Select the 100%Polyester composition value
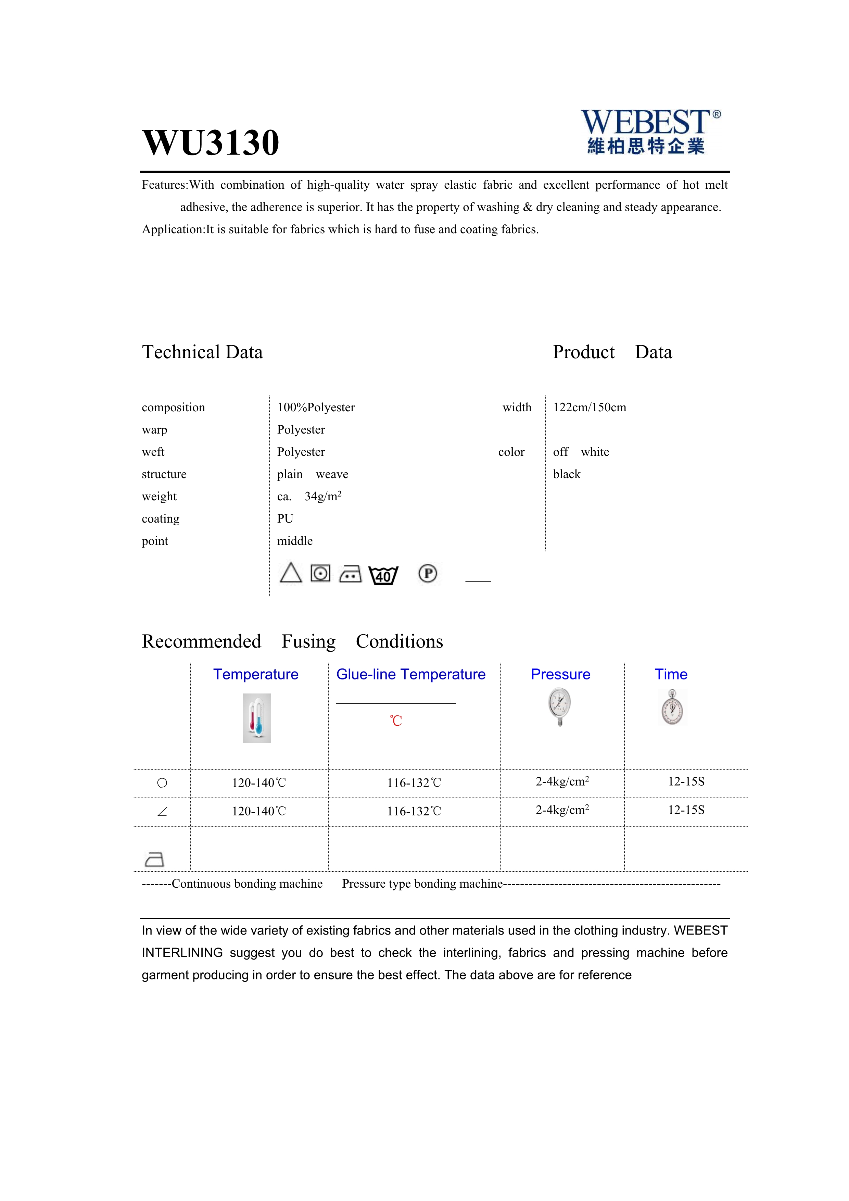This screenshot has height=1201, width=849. pyautogui.click(x=316, y=408)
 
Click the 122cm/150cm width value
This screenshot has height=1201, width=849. pyautogui.click(x=589, y=408)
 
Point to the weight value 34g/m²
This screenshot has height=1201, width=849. pyautogui.click(x=322, y=497)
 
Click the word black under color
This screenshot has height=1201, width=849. pyautogui.click(x=567, y=474)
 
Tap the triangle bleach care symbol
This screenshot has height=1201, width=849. pyautogui.click(x=291, y=573)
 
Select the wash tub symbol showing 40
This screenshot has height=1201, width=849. pyautogui.click(x=383, y=575)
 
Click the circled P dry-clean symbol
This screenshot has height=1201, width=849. pyautogui.click(x=428, y=574)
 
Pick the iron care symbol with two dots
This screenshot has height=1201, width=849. pyautogui.click(x=350, y=574)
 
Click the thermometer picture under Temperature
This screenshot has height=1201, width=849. pyautogui.click(x=257, y=718)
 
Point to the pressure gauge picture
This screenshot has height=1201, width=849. pyautogui.click(x=560, y=706)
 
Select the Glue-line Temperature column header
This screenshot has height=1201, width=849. pyautogui.click(x=410, y=674)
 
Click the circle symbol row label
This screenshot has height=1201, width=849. pyautogui.click(x=162, y=783)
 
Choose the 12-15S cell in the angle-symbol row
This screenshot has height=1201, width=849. pyautogui.click(x=686, y=810)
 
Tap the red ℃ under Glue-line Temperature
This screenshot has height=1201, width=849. pyautogui.click(x=396, y=721)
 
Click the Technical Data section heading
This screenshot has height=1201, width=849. pyautogui.click(x=202, y=352)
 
